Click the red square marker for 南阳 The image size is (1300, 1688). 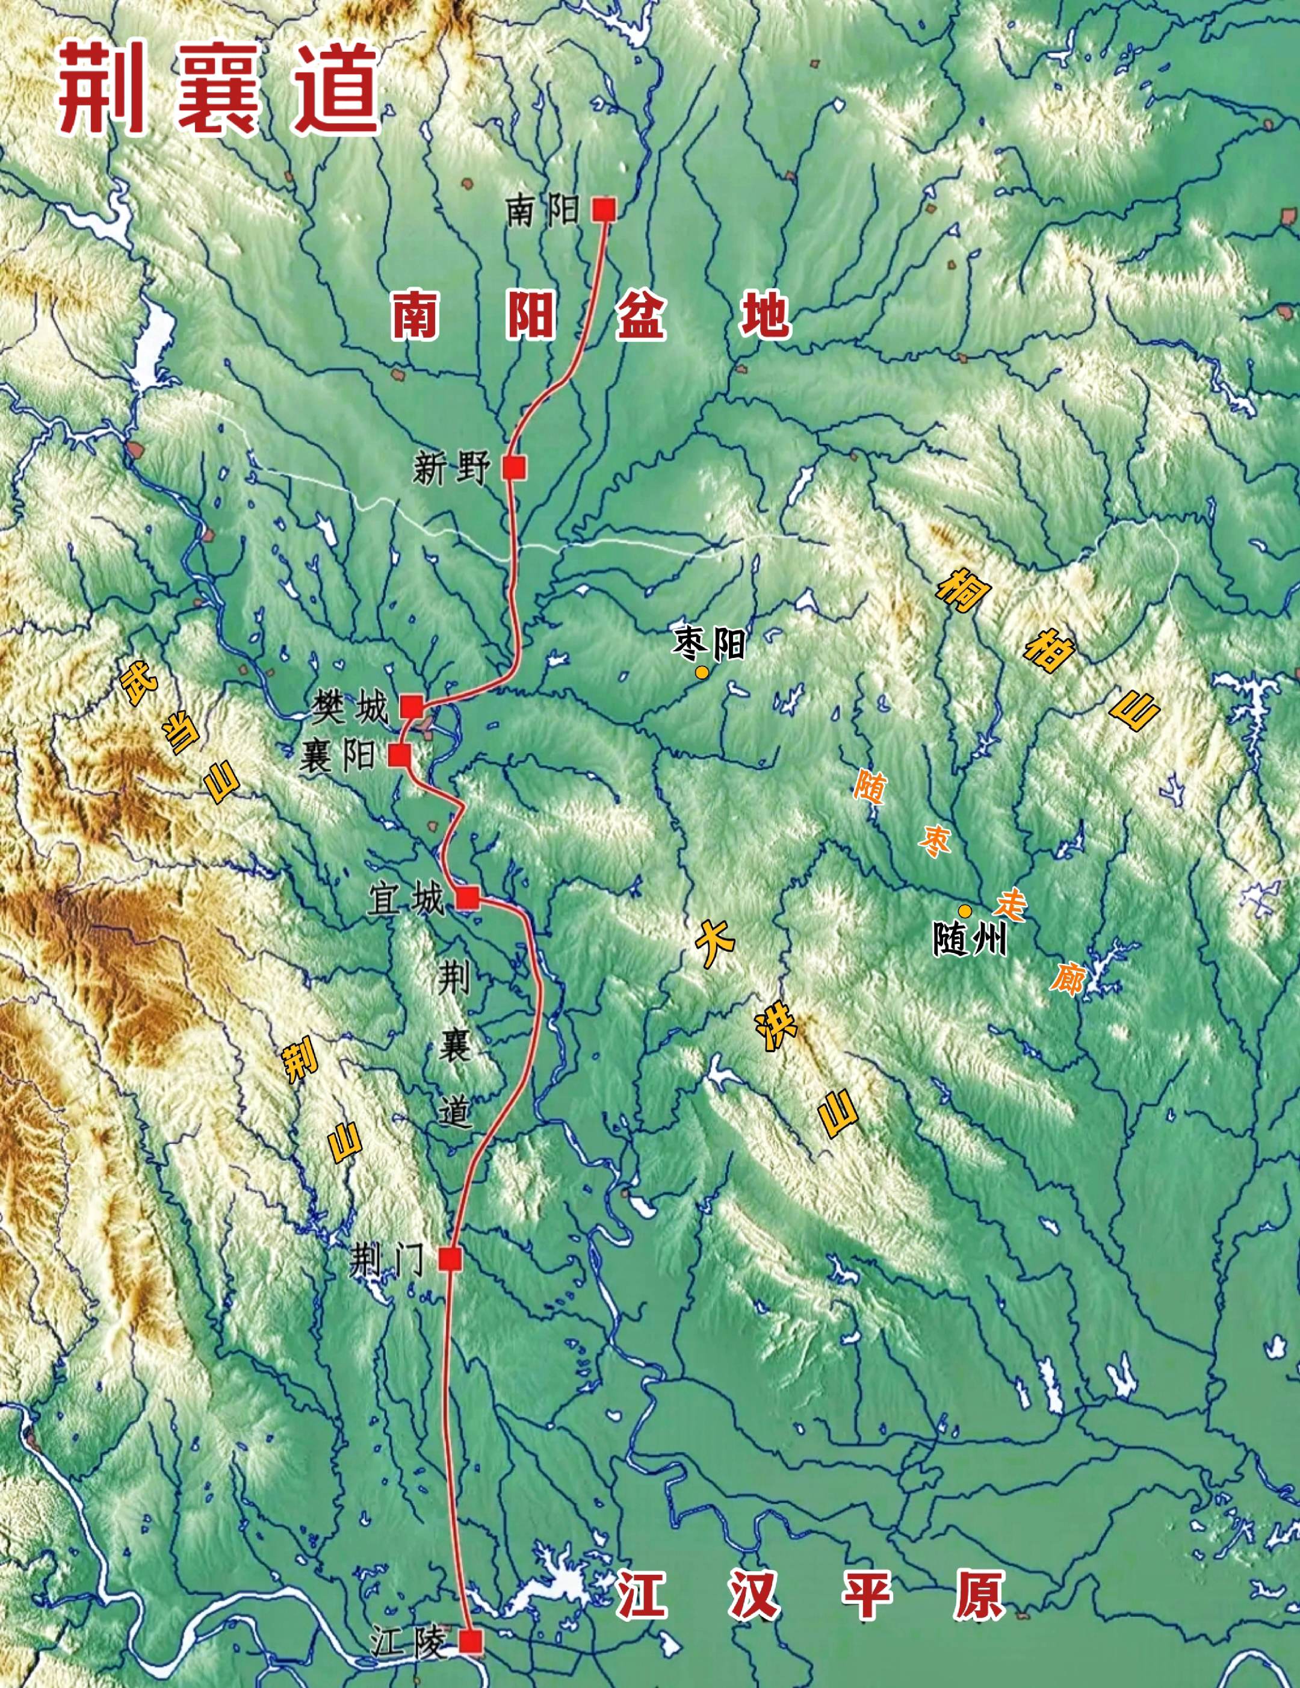click(604, 209)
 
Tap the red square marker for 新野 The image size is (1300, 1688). click(514, 468)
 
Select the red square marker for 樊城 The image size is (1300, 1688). click(411, 706)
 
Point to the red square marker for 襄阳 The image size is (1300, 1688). click(400, 755)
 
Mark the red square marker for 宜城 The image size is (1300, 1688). click(468, 898)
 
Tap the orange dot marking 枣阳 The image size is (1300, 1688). click(702, 672)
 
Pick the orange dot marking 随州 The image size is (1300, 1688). click(965, 911)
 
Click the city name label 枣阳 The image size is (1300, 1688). click(710, 644)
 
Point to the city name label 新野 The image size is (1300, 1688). click(451, 468)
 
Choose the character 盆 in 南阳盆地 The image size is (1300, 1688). click(641, 315)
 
